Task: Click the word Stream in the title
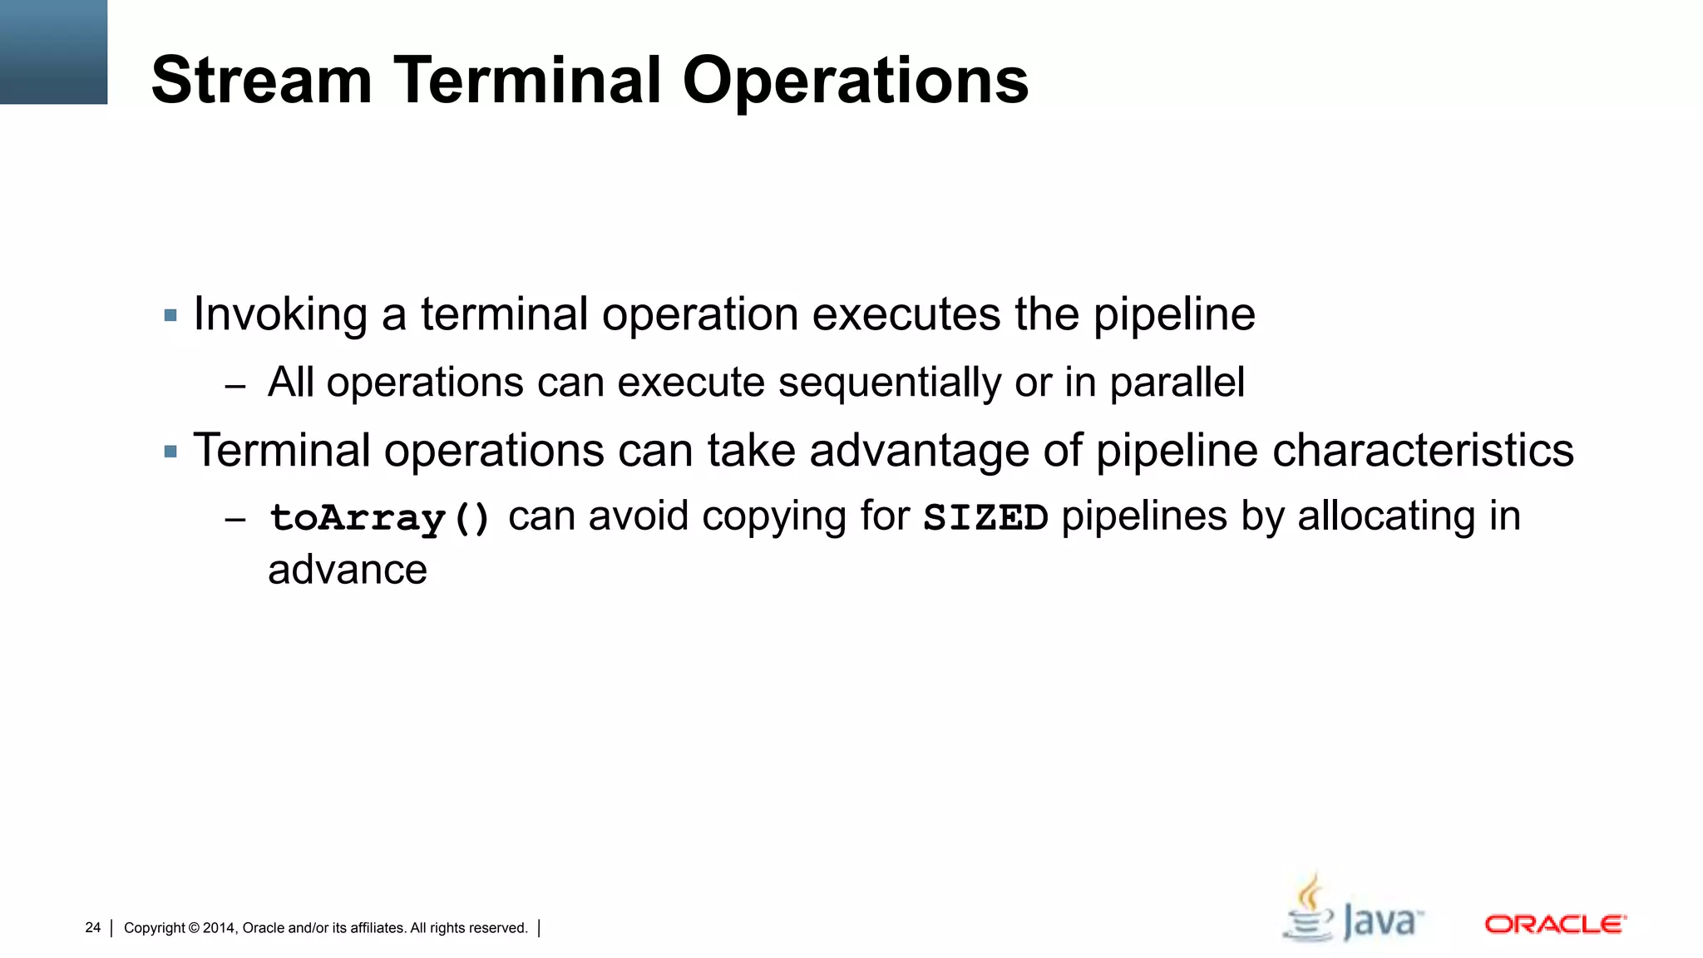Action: pyautogui.click(x=261, y=80)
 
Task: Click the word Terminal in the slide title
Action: pyautogui.click(x=526, y=80)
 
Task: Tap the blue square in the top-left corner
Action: pyautogui.click(x=53, y=52)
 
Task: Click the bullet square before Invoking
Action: pyautogui.click(x=171, y=316)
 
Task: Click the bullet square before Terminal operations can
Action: pyautogui.click(x=171, y=452)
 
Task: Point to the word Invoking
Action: pyautogui.click(x=280, y=315)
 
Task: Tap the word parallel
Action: pyautogui.click(x=1177, y=383)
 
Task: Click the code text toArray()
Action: pyautogui.click(x=380, y=518)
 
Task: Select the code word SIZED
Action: pyautogui.click(x=985, y=518)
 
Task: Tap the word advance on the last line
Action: pyautogui.click(x=347, y=570)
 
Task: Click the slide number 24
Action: pyautogui.click(x=92, y=928)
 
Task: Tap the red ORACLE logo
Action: pyautogui.click(x=1555, y=925)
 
